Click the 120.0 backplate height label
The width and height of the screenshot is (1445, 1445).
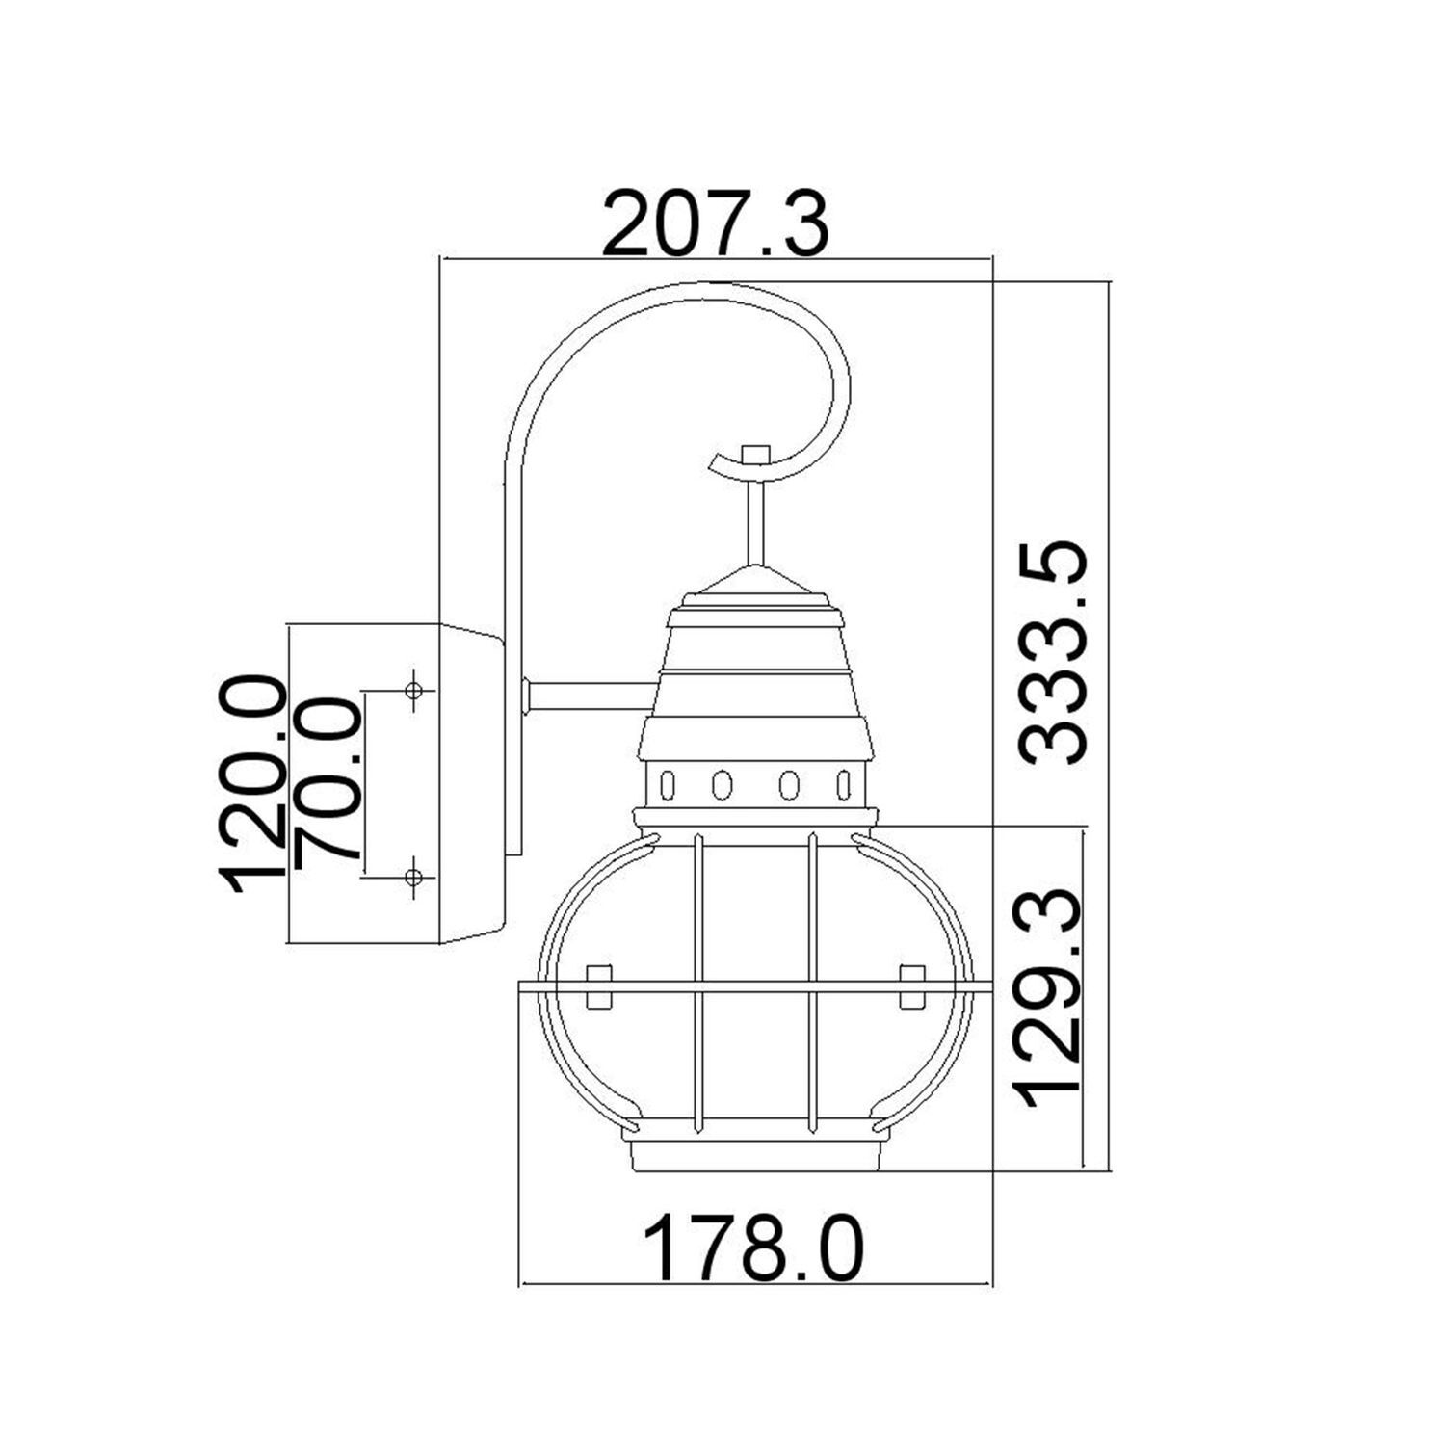(253, 784)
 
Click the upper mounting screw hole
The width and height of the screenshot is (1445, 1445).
(414, 691)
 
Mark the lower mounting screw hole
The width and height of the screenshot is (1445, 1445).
(414, 877)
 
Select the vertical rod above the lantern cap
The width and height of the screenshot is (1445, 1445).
(755, 520)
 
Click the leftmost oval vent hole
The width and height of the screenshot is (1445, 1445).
(665, 784)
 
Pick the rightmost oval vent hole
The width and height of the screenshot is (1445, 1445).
(845, 784)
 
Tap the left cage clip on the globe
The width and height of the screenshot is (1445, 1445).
(599, 985)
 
